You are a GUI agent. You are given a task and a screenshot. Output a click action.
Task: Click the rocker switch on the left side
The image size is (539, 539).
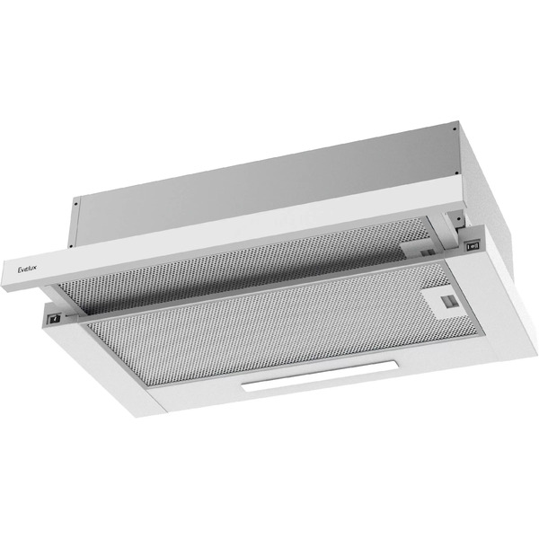pyautogui.click(x=56, y=317)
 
